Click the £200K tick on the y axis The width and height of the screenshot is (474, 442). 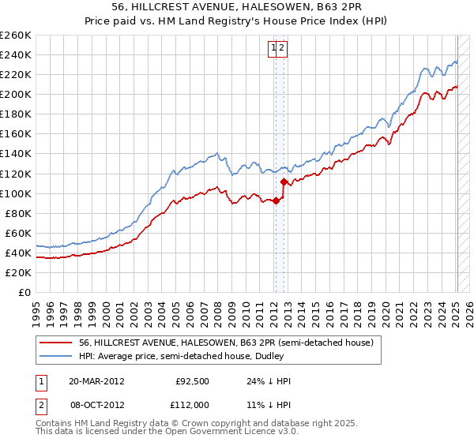16,94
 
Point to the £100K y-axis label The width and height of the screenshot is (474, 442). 16,193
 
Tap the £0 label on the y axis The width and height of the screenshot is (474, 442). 24,292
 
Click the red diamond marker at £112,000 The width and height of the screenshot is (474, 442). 284,182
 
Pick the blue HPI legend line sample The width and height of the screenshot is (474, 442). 56,356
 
